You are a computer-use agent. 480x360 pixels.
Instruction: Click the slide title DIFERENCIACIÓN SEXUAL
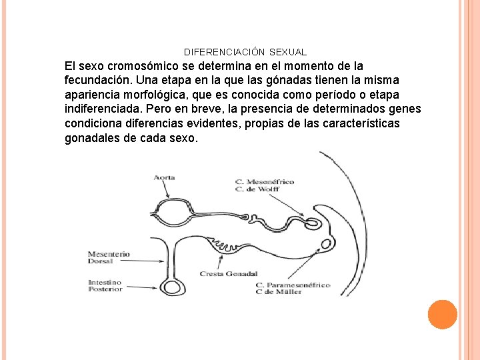click(245, 52)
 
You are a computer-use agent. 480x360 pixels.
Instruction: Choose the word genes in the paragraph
click(406, 109)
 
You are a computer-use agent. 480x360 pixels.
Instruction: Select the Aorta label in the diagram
click(164, 177)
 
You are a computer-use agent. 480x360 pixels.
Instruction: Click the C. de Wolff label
click(257, 189)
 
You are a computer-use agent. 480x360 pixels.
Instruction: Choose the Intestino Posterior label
click(105, 286)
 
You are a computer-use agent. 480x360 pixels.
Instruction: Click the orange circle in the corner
click(442, 315)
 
